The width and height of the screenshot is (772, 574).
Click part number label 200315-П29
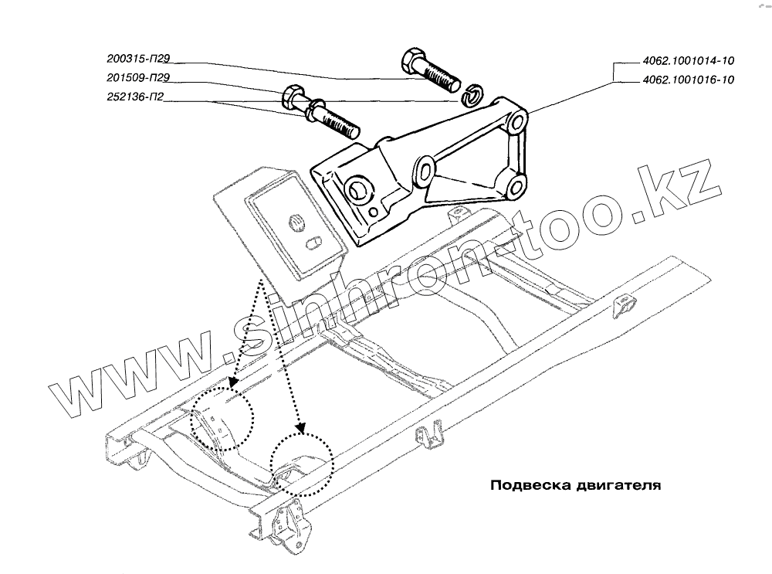click(x=139, y=58)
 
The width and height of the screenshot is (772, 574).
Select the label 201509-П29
click(x=139, y=77)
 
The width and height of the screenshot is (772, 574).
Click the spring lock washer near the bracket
click(x=472, y=95)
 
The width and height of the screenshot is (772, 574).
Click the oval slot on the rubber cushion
click(x=313, y=243)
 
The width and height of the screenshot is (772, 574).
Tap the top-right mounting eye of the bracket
click(x=518, y=124)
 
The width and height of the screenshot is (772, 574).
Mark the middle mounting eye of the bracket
click(x=424, y=169)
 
